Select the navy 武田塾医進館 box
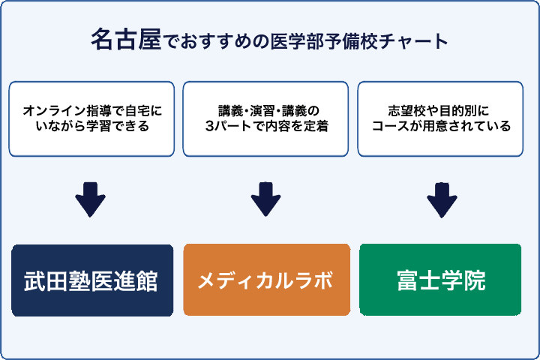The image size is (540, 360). point(92,280)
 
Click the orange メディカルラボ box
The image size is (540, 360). point(266,280)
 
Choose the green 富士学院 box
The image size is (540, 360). point(440,280)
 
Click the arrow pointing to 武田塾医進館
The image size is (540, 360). point(91,199)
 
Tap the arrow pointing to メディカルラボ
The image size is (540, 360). point(265,199)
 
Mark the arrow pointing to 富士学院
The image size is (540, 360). point(442,199)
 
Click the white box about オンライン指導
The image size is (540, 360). point(92,118)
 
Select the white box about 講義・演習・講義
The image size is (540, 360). point(266,118)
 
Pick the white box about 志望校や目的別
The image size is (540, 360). point(440,118)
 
